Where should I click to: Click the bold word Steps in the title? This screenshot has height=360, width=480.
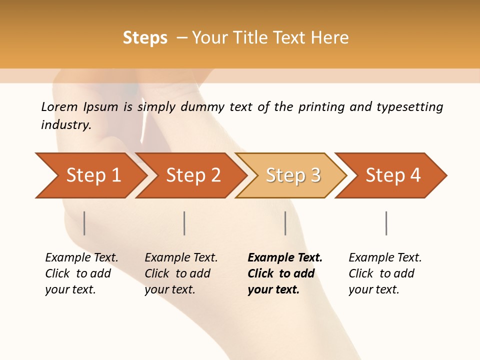point(145,37)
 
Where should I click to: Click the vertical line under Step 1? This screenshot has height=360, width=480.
point(84,223)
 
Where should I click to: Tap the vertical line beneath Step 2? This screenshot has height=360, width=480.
point(184,223)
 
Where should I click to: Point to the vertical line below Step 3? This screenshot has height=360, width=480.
point(285,223)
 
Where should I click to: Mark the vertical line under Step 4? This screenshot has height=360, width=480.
point(386,223)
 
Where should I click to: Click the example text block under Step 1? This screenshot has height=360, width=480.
point(81,273)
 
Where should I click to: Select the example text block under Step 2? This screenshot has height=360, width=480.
point(181,273)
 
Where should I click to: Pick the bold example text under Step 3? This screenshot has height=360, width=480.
point(285,273)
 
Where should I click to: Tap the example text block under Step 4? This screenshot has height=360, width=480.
point(385,273)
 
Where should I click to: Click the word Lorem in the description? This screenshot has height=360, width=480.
point(59,106)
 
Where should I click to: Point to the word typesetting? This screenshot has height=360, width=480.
point(409,106)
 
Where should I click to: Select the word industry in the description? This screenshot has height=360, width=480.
point(65,124)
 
